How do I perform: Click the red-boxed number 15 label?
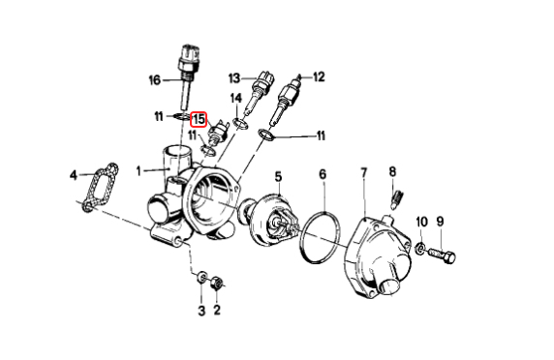[x=199, y=119]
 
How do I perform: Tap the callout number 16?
[x=155, y=80]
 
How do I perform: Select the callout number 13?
[x=234, y=78]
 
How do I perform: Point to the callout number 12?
[x=319, y=76]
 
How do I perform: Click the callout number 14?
[x=236, y=98]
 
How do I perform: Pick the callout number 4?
[x=74, y=175]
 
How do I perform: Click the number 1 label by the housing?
[x=138, y=171]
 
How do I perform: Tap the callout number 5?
[x=278, y=176]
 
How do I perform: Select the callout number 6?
[x=323, y=174]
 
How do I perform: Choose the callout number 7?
[x=364, y=173]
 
